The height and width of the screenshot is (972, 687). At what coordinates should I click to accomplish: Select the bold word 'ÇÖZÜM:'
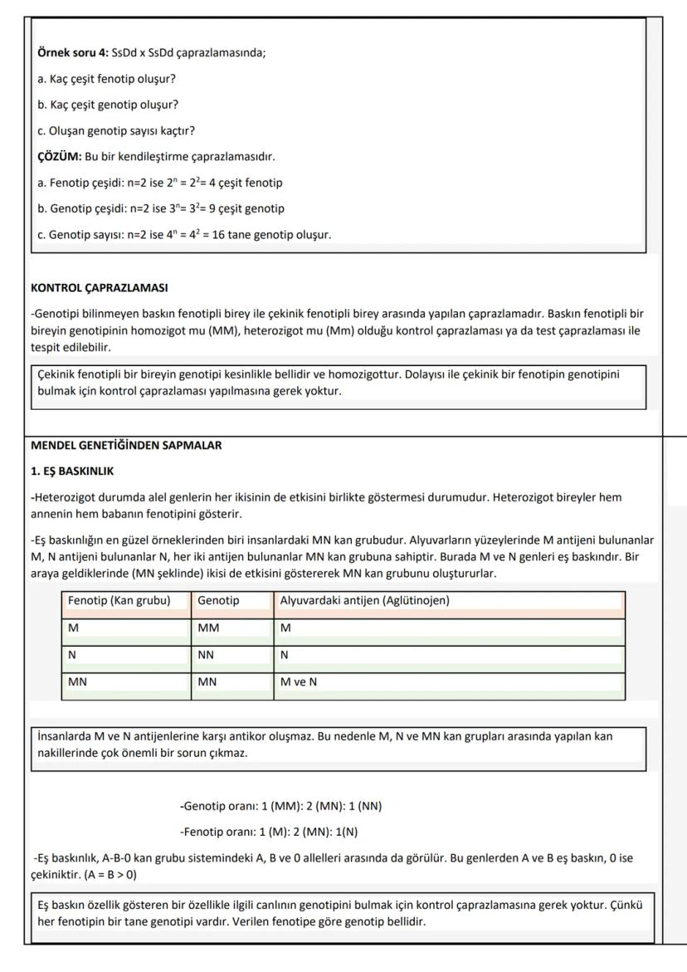pos(60,157)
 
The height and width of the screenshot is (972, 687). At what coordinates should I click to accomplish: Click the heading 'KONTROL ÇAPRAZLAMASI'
pos(99,288)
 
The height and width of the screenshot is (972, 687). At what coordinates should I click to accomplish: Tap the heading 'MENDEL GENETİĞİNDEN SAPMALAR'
pos(126,446)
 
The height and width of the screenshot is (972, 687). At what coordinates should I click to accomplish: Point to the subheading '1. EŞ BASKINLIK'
pos(72,471)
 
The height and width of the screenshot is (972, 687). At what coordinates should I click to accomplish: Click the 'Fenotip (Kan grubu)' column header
pos(119,600)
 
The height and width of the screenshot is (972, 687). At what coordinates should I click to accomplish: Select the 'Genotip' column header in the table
pos(218,600)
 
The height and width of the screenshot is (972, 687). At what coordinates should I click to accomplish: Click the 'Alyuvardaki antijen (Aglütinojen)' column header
pos(364,600)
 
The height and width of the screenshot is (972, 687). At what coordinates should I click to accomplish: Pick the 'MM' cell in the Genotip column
pos(208,628)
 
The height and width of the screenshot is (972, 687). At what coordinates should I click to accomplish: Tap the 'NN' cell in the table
pos(207,655)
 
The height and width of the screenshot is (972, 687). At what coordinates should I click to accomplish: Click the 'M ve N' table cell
pos(299,682)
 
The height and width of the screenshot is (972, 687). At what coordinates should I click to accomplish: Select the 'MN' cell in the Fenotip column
pos(78,682)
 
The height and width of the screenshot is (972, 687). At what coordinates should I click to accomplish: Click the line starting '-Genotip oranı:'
pos(280,806)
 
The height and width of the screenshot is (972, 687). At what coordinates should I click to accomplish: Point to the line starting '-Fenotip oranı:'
pos(269,832)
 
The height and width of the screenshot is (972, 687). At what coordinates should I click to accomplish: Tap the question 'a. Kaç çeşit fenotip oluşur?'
pos(106,79)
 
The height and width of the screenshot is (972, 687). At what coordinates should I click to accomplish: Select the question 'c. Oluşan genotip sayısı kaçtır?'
pos(116,131)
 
